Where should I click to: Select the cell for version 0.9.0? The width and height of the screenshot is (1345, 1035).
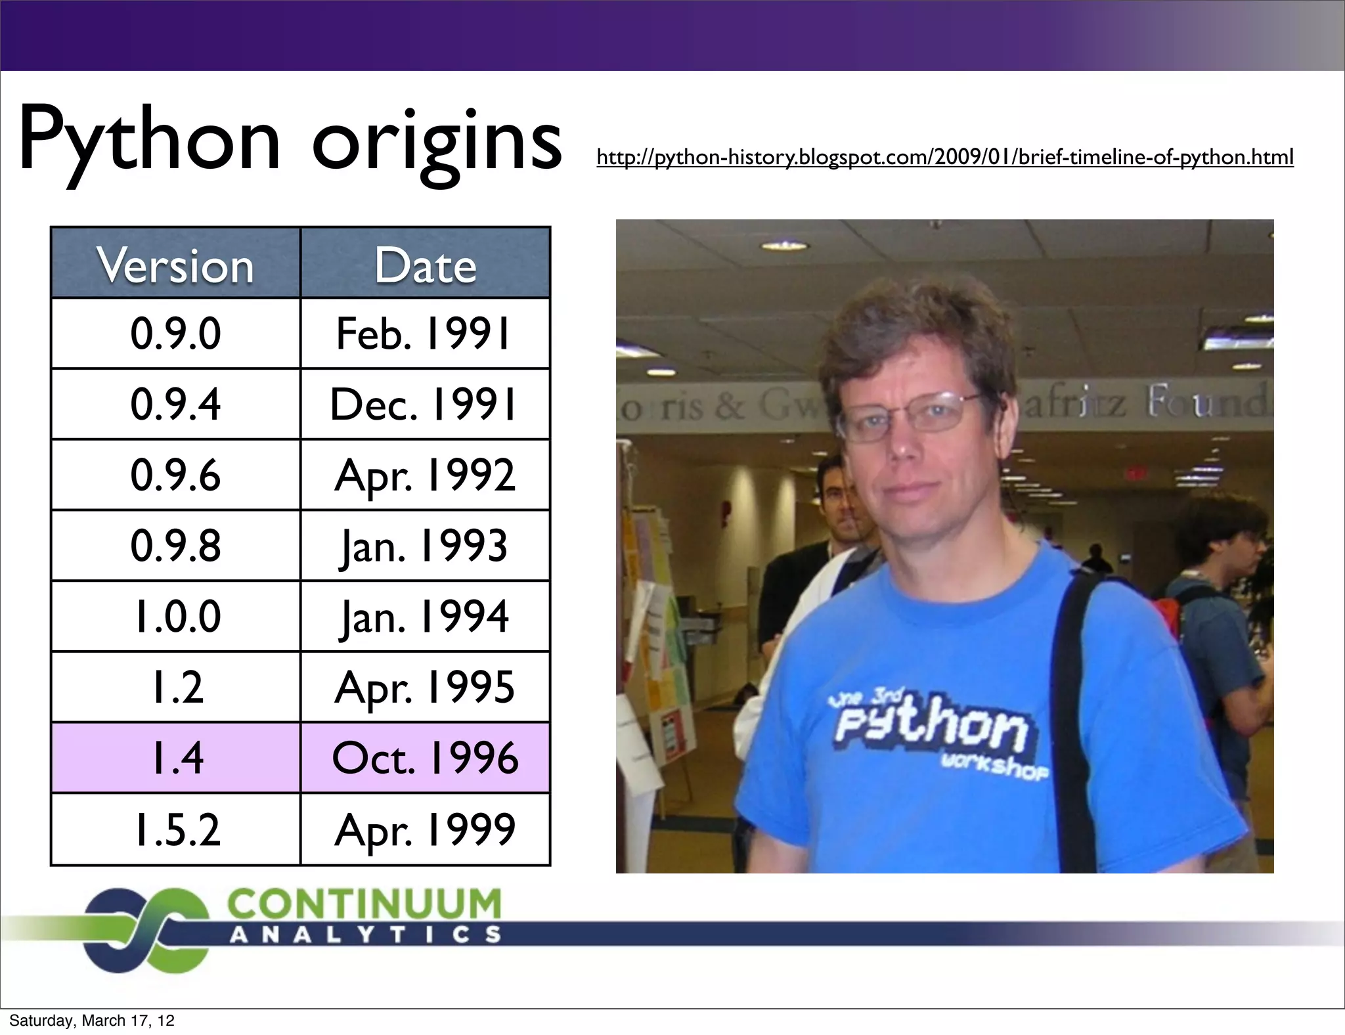tap(175, 334)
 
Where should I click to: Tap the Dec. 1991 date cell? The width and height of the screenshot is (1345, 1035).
tap(425, 404)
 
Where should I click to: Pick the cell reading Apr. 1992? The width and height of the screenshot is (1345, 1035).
tap(425, 475)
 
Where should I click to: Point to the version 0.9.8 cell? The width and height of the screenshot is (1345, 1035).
tap(175, 545)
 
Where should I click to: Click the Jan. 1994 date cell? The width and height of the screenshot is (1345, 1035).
tap(425, 616)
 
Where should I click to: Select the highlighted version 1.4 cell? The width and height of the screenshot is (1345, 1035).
tap(175, 758)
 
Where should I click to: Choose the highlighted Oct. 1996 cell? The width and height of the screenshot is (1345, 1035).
tap(425, 758)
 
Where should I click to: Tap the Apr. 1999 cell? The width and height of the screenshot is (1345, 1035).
tap(425, 829)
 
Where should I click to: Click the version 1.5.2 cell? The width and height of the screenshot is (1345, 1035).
tap(175, 829)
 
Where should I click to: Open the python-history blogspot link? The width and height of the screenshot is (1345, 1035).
tap(944, 158)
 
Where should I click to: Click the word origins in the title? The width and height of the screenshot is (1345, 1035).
tap(436, 141)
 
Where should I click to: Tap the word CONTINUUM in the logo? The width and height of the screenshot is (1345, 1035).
tap(364, 904)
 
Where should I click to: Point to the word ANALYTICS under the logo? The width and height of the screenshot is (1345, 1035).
tap(364, 935)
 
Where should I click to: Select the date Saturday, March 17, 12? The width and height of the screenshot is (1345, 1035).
tap(92, 1021)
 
